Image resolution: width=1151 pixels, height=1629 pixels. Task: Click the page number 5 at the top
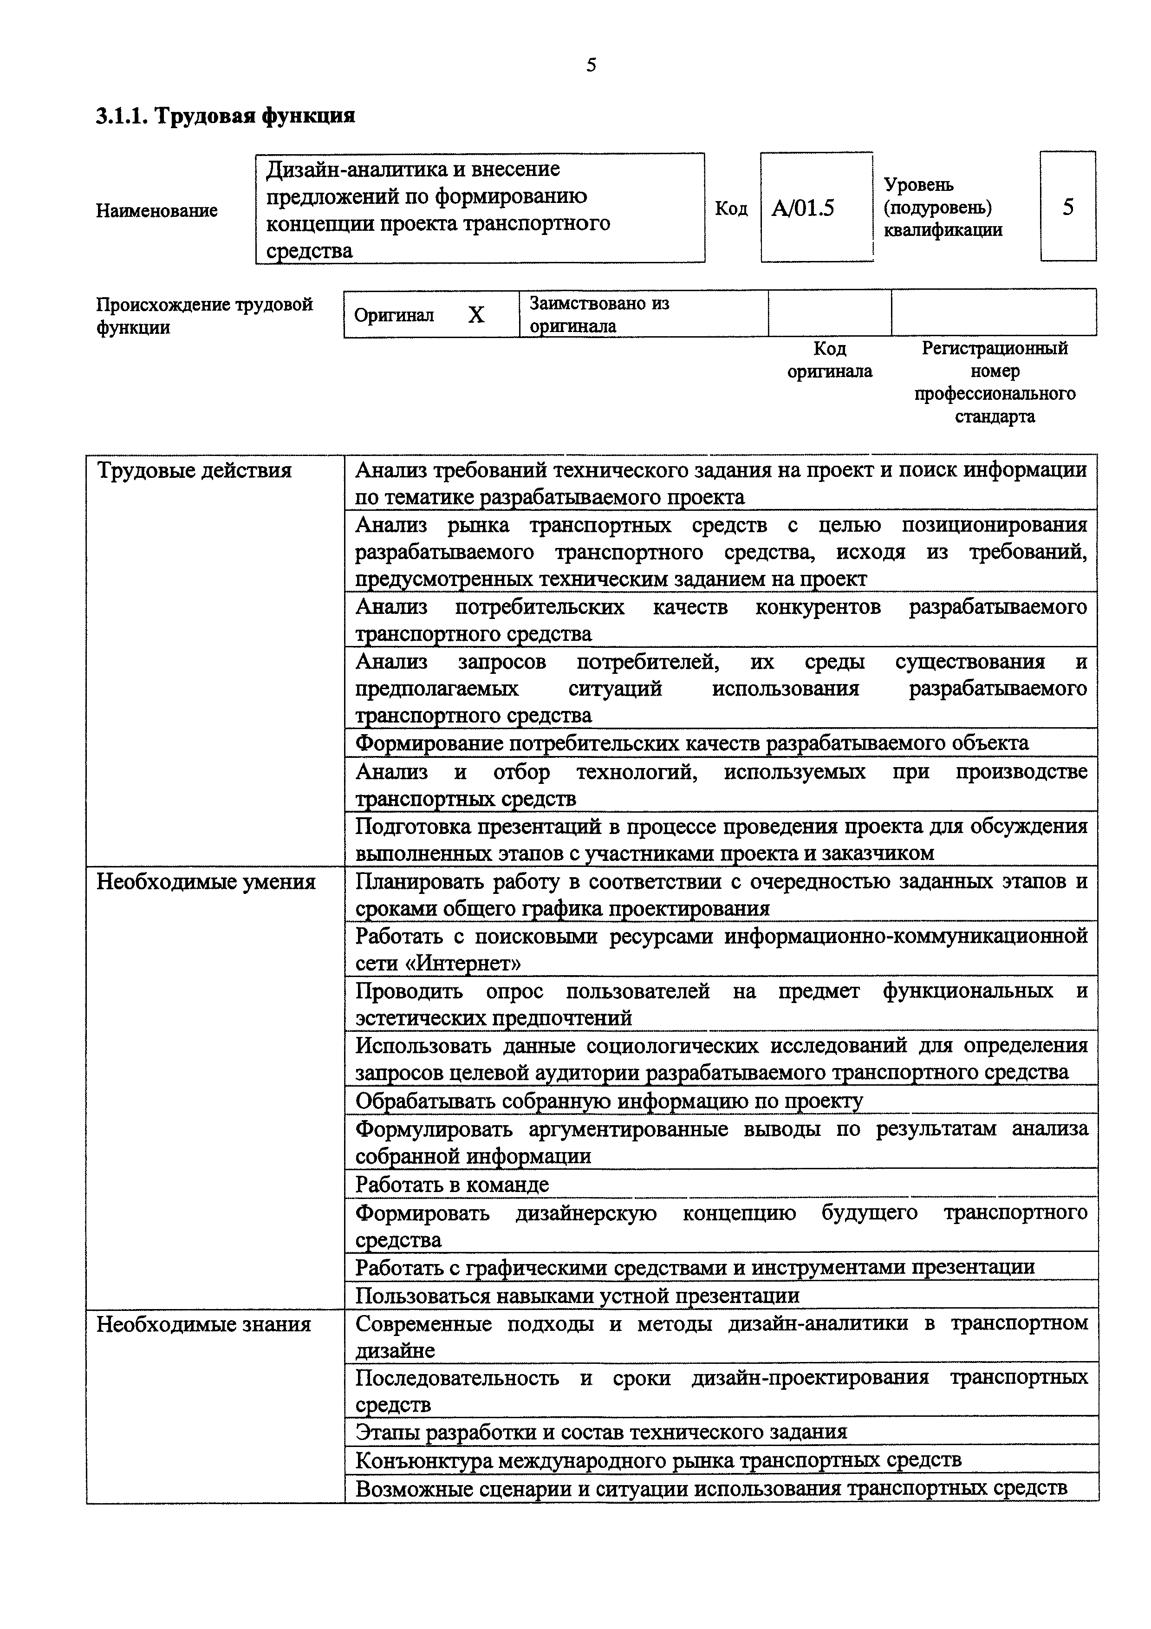tap(591, 65)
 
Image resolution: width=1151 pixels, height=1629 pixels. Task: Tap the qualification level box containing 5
tap(1067, 207)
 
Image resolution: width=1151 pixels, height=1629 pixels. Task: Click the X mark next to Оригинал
tap(476, 314)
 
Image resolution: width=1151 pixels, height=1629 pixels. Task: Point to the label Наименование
tap(157, 211)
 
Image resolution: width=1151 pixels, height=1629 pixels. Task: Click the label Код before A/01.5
tap(730, 209)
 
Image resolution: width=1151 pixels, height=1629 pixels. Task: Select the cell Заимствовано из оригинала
tap(599, 314)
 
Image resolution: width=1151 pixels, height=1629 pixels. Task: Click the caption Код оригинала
tap(829, 360)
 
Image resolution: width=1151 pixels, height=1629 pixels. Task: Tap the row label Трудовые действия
tap(195, 470)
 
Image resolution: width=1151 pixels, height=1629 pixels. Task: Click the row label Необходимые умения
tap(206, 881)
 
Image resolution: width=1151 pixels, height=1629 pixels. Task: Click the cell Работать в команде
tap(452, 1184)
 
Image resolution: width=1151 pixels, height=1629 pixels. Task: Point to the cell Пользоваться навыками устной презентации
tap(577, 1296)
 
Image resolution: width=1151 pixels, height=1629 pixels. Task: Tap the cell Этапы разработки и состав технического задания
tap(601, 1431)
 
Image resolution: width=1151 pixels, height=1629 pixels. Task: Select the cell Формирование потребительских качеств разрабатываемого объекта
tap(691, 743)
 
